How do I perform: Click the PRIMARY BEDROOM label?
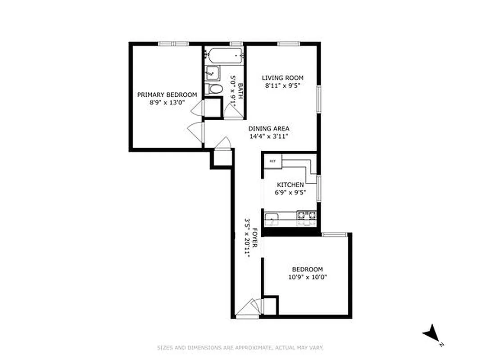(x=167, y=94)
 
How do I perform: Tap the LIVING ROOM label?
(x=282, y=78)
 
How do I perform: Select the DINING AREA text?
(x=269, y=128)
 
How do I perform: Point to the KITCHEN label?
(x=290, y=185)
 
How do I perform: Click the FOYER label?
(x=254, y=238)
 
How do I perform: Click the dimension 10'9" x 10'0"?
(x=307, y=277)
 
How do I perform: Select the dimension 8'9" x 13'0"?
(x=167, y=103)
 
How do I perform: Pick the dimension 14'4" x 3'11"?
(x=268, y=136)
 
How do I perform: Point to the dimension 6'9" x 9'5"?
(x=290, y=193)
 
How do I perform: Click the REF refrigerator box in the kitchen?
(x=272, y=161)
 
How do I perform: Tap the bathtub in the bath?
(x=224, y=56)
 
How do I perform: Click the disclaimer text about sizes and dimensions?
(x=240, y=347)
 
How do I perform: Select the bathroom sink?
(x=211, y=72)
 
